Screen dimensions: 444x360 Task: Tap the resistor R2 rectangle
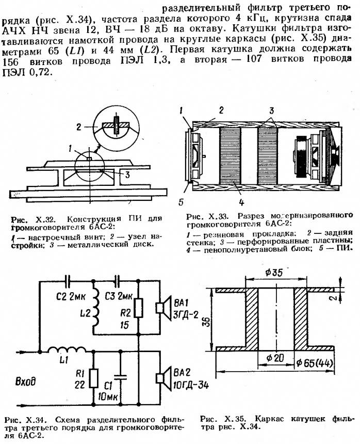point(138,309)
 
